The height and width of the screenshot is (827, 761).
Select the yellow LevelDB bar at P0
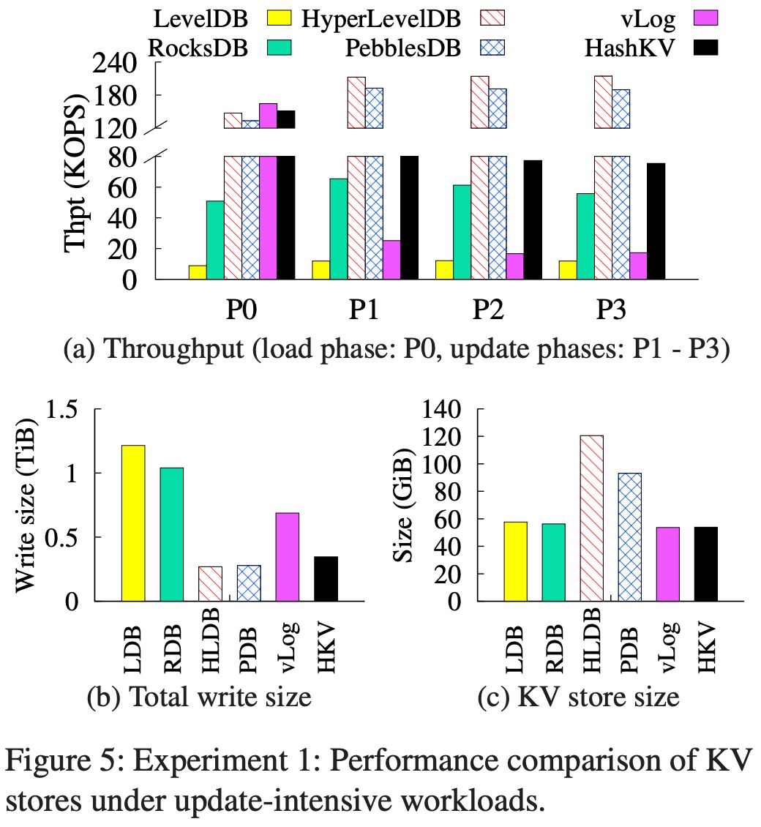[198, 272]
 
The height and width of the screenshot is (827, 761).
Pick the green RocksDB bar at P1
[339, 228]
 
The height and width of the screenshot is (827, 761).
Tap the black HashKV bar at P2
[533, 219]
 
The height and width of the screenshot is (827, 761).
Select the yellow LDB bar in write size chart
[133, 523]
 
